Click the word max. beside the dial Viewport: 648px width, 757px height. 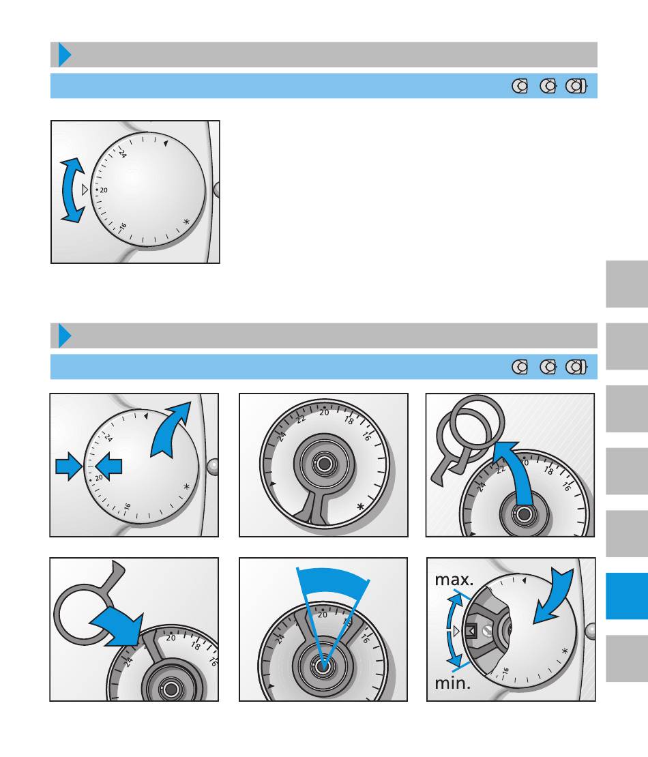(454, 579)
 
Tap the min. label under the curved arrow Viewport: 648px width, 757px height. (452, 683)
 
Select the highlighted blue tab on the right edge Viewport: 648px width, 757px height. (627, 596)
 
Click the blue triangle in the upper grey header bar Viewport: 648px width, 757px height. (65, 55)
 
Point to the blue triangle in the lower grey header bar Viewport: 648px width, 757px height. (65, 336)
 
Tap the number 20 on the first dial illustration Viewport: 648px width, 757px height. (104, 190)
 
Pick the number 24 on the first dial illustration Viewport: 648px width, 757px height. (123, 153)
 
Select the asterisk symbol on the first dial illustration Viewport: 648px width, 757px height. (186, 222)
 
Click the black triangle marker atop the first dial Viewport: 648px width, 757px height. (166, 143)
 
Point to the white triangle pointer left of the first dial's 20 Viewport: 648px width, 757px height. (85, 190)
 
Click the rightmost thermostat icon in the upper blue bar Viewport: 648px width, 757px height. (576, 86)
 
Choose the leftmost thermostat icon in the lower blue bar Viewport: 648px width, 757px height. (520, 367)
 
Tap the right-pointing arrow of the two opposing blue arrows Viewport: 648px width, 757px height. (69, 466)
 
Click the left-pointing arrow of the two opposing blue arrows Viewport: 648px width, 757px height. (108, 466)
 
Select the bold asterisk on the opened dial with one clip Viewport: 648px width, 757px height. (361, 507)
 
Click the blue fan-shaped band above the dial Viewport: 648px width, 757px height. (333, 582)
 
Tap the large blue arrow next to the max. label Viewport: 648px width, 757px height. (555, 597)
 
